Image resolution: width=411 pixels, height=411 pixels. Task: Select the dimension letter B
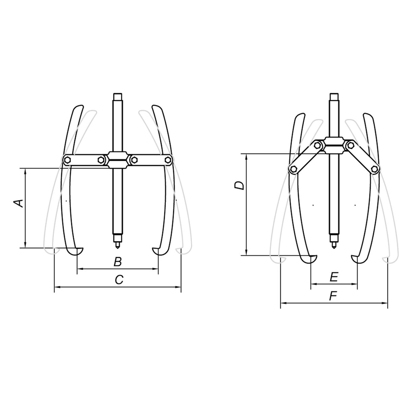(118, 262)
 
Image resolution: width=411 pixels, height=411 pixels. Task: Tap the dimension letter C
(119, 280)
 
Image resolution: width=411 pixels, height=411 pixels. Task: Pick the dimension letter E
(334, 277)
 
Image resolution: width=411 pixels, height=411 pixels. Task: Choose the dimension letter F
(333, 296)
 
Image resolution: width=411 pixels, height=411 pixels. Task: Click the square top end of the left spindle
(118, 96)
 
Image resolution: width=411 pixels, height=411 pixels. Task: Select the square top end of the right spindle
(334, 96)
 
